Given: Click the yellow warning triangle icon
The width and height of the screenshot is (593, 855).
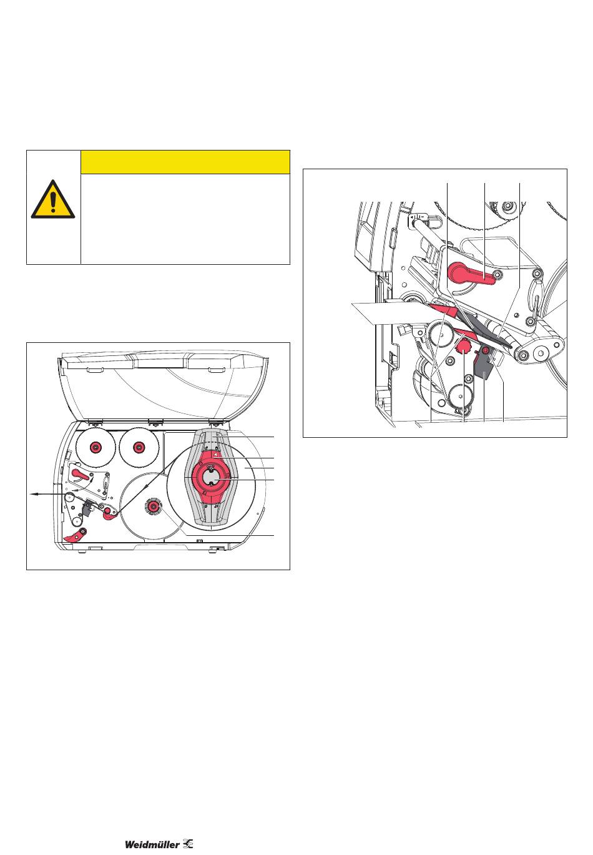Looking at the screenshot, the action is pos(52,199).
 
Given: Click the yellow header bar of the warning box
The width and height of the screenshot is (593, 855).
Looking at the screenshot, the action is pos(185,162).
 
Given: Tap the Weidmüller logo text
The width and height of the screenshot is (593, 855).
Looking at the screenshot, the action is pos(152,844).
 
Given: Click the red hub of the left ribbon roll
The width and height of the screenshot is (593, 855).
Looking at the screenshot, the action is pos(95,447).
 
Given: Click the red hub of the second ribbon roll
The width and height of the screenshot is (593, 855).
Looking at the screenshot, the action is pos(138,447).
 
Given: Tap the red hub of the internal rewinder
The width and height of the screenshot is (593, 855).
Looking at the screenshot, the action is pos(153,506).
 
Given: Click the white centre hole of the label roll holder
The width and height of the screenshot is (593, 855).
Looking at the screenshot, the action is pos(210,477).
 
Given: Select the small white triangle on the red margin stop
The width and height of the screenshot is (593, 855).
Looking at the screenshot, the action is pos(217,455).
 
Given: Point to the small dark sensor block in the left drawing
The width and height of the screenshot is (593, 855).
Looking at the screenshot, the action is pos(86,508).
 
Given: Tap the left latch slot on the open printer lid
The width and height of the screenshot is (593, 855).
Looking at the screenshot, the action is pos(94,369).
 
